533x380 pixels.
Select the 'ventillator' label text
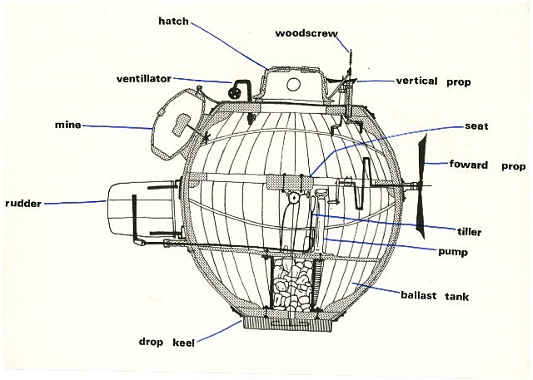pos(143,79)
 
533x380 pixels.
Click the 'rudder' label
pos(24,202)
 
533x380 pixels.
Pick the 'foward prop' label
pos(486,165)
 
